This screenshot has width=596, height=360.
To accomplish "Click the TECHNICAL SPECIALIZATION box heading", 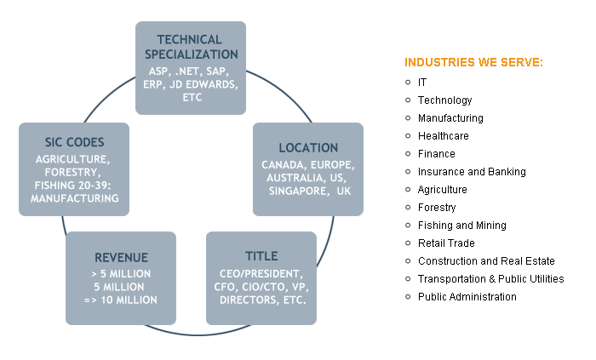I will click(x=190, y=47).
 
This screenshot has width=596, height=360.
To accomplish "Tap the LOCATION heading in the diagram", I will click(x=308, y=148).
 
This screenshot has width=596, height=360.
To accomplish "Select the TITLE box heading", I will click(x=261, y=256).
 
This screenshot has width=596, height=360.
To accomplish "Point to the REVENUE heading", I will click(x=121, y=257).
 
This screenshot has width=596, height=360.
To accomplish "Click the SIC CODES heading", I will click(x=74, y=142).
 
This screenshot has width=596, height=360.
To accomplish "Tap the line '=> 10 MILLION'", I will click(x=121, y=300).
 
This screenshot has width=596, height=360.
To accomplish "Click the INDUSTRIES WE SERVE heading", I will click(x=474, y=63).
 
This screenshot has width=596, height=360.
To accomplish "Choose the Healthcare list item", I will click(x=443, y=136).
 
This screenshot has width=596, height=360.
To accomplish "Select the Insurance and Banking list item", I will click(x=472, y=172).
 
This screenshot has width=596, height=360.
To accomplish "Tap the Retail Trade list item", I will click(x=445, y=243).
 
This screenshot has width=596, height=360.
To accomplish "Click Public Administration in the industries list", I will click(x=467, y=297).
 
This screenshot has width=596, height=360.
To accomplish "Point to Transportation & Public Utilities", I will click(x=490, y=279).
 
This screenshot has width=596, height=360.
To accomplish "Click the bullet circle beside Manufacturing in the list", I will click(x=409, y=118).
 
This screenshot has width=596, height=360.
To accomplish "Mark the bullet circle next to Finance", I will click(x=409, y=154).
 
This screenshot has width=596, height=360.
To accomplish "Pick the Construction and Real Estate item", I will click(x=486, y=261).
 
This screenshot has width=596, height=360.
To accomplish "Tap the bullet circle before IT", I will click(x=409, y=83).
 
